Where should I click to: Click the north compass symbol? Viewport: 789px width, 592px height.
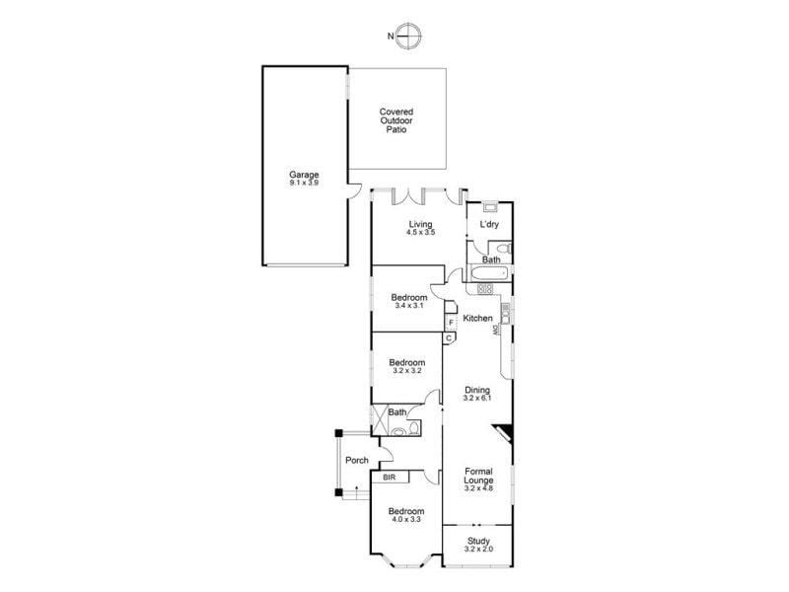tap(407, 37)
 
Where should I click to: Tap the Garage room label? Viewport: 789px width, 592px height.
tap(304, 176)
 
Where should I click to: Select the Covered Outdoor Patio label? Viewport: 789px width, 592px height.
tap(396, 120)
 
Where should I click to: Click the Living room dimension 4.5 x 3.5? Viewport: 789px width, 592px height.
tap(421, 233)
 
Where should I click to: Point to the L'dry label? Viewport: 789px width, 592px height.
tap(489, 224)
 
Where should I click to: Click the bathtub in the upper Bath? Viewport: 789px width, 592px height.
tap(489, 274)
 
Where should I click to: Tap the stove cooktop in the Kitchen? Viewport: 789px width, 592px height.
tap(485, 289)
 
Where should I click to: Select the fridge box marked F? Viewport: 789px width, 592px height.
tap(451, 323)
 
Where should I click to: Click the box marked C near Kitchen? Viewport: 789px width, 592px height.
tap(449, 338)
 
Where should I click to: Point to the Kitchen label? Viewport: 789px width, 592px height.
tap(477, 318)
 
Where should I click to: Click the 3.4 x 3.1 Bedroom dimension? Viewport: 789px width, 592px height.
tap(409, 305)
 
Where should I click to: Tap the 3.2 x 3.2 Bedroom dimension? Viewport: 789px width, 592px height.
tap(407, 371)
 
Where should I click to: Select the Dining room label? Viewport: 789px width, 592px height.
tap(477, 390)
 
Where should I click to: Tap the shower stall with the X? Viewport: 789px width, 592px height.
tap(380, 420)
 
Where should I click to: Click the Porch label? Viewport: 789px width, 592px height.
tap(357, 460)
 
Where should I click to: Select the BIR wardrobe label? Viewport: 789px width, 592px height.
tap(390, 478)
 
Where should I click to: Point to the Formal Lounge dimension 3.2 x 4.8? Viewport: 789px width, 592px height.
tap(478, 488)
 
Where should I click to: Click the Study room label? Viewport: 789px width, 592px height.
tap(478, 541)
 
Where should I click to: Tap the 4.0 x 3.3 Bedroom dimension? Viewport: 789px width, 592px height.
tap(406, 519)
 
